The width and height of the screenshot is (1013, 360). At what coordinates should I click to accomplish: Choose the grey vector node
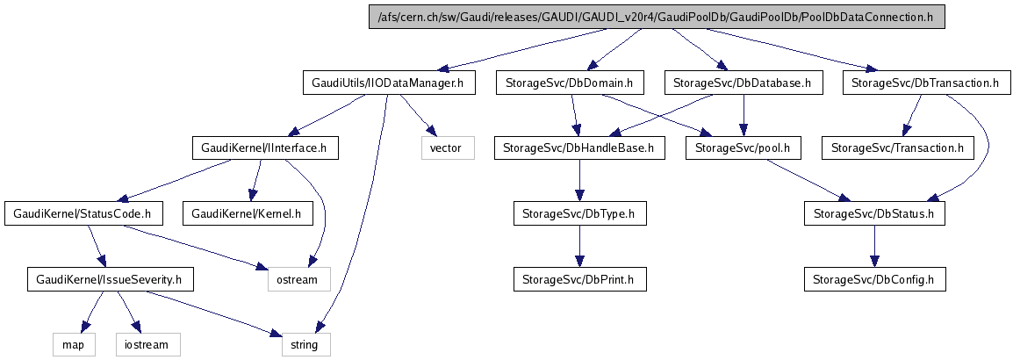pyautogui.click(x=447, y=148)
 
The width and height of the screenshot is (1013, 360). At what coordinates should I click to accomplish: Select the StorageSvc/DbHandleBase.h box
pyautogui.click(x=579, y=148)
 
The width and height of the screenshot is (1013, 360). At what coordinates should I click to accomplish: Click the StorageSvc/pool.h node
pyautogui.click(x=744, y=148)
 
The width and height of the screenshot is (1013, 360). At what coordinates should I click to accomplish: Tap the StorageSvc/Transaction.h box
pyautogui.click(x=897, y=148)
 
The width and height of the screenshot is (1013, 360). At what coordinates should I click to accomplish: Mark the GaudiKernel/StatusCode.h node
pyautogui.click(x=84, y=213)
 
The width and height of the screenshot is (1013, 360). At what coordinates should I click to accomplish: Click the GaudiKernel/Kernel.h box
pyautogui.click(x=247, y=213)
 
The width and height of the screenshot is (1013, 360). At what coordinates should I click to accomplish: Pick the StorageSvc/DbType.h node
pyautogui.click(x=579, y=213)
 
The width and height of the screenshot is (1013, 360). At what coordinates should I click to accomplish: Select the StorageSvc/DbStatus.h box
pyautogui.click(x=874, y=213)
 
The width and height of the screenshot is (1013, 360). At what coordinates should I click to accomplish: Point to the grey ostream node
pyautogui.click(x=298, y=279)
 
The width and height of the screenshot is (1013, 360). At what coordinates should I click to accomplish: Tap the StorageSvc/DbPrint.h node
pyautogui.click(x=579, y=279)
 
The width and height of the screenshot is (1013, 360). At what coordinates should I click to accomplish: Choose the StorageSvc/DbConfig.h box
pyautogui.click(x=874, y=279)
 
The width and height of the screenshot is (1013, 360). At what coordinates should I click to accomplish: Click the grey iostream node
pyautogui.click(x=147, y=344)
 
